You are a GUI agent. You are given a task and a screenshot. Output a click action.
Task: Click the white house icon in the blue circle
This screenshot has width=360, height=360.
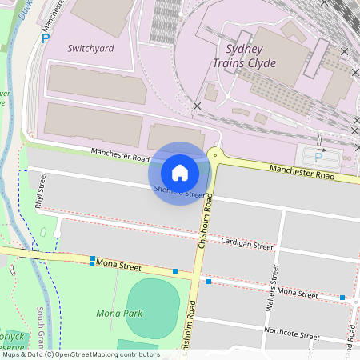(180, 172)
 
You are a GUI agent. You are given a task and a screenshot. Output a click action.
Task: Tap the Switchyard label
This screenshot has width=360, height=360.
(90, 48)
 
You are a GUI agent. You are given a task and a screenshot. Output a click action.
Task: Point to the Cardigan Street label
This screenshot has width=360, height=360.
(247, 242)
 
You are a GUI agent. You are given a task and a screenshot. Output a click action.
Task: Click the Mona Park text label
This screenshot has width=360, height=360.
(119, 313)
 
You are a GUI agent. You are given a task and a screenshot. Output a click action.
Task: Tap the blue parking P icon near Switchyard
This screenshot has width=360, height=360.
(46, 37)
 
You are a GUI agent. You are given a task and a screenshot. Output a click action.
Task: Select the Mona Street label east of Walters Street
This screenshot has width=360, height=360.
(296, 294)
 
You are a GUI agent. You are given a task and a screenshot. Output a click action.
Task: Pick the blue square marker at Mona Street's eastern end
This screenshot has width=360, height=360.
(342, 298)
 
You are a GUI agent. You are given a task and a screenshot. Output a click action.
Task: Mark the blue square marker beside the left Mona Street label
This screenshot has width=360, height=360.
(93, 260)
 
